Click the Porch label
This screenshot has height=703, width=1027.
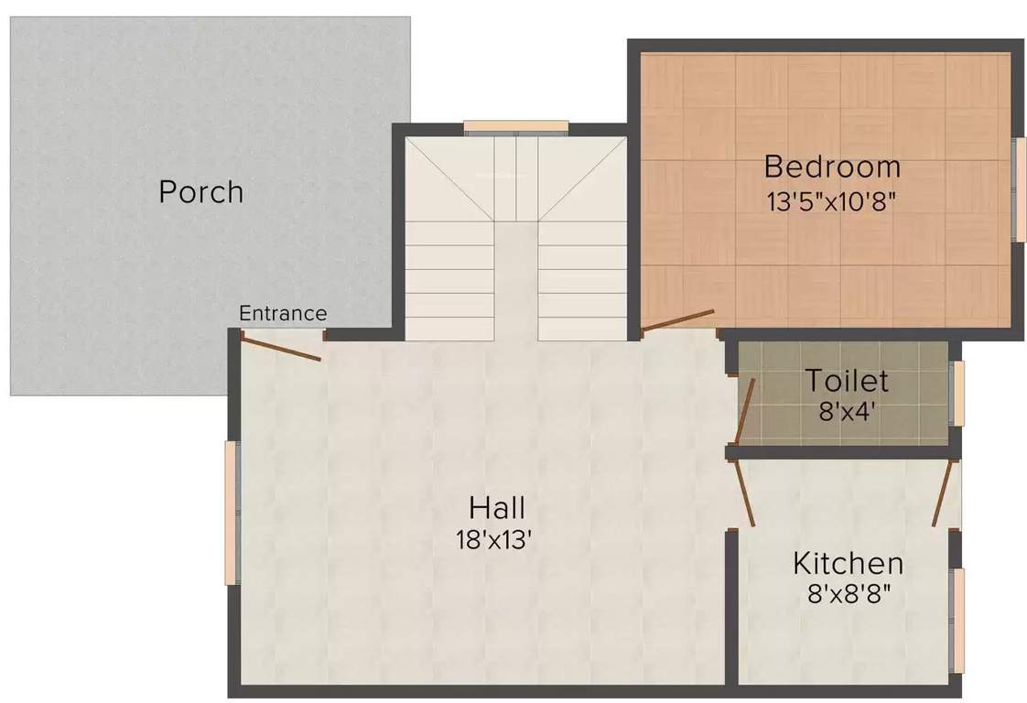click(201, 192)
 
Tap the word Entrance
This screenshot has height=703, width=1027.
click(283, 313)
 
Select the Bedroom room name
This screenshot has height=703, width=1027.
click(831, 168)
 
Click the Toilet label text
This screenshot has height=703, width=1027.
click(847, 379)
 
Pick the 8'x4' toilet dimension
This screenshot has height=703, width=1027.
click(847, 411)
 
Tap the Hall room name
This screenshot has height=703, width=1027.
click(497, 506)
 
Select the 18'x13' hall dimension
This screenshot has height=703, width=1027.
click(494, 540)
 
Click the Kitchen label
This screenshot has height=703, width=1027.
click(848, 562)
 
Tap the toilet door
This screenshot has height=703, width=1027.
click(746, 411)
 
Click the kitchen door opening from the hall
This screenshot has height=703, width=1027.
click(743, 492)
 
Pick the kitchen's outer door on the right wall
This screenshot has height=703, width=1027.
click(944, 492)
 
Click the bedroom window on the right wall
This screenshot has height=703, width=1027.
click(1017, 189)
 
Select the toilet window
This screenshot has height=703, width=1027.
click(958, 394)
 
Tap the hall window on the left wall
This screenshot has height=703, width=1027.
click(232, 513)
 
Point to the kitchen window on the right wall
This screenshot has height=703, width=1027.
click(958, 621)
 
